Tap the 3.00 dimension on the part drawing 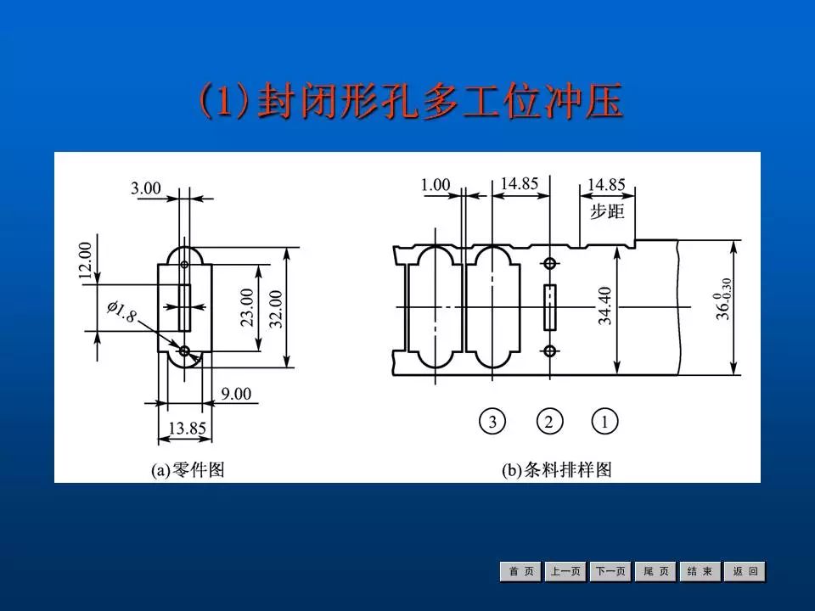point(146,188)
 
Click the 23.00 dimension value point(247,308)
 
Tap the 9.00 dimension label point(236,394)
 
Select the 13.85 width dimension point(187,429)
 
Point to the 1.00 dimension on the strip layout point(435,184)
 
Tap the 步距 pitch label point(607,210)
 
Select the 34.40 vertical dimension point(604,305)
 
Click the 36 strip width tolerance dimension point(722,299)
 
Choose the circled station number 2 point(549,421)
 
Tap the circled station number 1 point(604,421)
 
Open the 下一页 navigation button point(611,572)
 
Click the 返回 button point(745,572)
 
